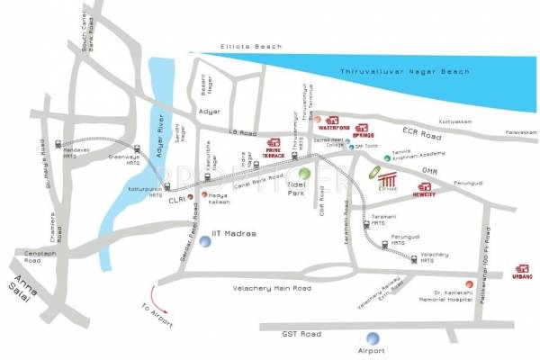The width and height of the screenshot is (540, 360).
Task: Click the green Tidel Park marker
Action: tap(304, 173)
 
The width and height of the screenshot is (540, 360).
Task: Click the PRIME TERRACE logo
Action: tap(274, 146)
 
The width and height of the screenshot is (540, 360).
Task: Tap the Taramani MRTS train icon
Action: tap(367, 225)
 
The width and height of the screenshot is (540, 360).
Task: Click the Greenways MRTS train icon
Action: tap(137, 149)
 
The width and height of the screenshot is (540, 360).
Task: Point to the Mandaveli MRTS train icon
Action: tap(58, 143)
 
